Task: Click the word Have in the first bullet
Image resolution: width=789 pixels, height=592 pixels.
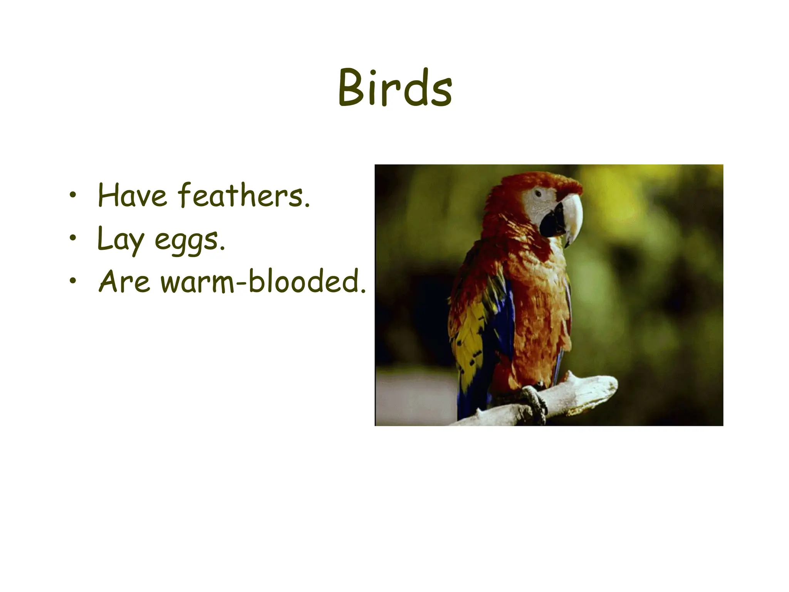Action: pos(132,195)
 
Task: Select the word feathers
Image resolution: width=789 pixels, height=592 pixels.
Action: pos(243,195)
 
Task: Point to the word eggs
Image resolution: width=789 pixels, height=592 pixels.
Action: pos(190,241)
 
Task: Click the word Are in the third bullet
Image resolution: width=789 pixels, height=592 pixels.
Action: pos(124,281)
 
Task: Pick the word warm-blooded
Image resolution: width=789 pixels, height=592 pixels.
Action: pos(263,281)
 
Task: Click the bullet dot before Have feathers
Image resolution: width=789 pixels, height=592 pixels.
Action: pos(72,196)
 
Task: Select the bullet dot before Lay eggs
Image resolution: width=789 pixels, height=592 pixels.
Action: pos(72,239)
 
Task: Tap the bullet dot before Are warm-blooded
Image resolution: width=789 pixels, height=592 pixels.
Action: pos(72,282)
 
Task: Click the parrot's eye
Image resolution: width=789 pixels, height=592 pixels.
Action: pos(538,192)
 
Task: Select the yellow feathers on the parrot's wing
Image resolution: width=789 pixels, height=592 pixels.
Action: pos(468,339)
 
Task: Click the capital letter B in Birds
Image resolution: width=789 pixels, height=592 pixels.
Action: pos(352,89)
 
